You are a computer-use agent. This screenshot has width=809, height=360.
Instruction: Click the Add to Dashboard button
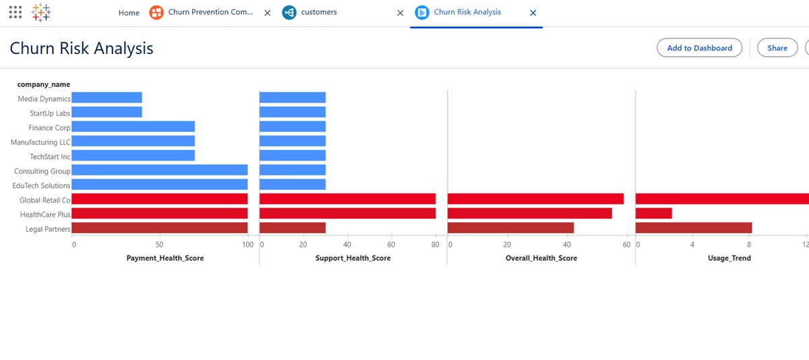click(699, 48)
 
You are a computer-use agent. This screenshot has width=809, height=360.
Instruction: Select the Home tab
click(129, 13)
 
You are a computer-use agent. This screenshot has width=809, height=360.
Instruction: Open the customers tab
click(319, 12)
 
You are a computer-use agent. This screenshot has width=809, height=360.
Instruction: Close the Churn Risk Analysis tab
click(533, 13)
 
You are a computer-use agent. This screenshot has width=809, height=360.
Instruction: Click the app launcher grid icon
click(16, 12)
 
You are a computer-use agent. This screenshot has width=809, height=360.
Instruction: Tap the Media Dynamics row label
click(44, 98)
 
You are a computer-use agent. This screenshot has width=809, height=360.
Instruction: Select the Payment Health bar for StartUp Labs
click(107, 113)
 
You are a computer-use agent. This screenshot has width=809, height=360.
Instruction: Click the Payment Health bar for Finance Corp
click(133, 127)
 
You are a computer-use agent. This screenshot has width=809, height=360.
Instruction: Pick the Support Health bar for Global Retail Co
click(347, 200)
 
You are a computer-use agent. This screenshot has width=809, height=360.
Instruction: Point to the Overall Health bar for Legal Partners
click(510, 228)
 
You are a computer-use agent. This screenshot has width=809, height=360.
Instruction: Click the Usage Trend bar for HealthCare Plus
click(653, 213)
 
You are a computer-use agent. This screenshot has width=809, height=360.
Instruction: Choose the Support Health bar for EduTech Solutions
click(293, 185)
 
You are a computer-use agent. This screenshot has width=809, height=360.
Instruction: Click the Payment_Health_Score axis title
click(165, 258)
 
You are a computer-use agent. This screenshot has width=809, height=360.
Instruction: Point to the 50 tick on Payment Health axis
click(159, 245)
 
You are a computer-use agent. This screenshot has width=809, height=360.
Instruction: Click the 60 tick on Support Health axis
click(391, 245)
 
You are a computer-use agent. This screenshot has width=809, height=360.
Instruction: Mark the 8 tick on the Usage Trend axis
click(749, 245)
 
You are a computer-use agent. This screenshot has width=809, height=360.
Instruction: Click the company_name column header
click(44, 84)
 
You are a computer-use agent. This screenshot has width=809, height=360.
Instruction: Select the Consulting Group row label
click(42, 171)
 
